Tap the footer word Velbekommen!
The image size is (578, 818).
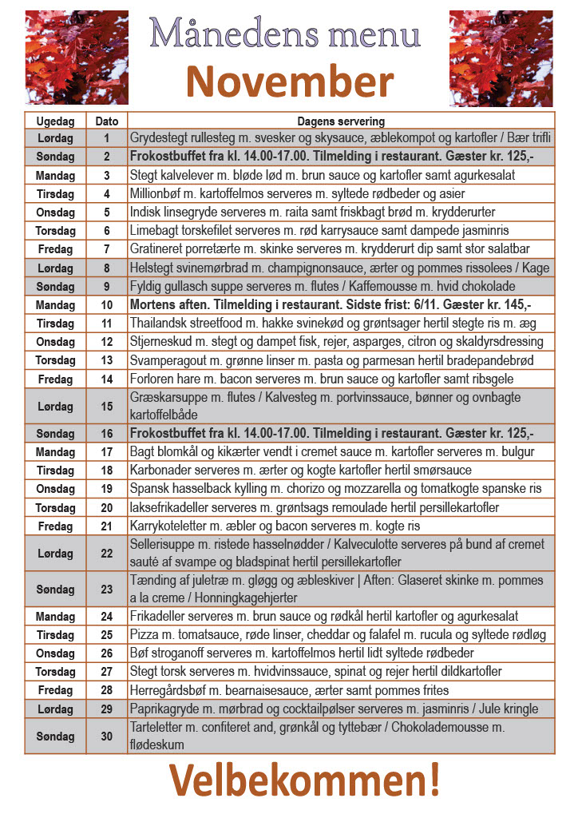point(304,780)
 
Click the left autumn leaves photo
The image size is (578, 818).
point(77,58)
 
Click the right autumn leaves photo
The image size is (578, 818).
point(501,58)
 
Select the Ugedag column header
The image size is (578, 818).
point(56,121)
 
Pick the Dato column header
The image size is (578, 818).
point(107,121)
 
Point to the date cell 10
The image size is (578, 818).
point(107,305)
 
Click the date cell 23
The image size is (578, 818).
point(107,590)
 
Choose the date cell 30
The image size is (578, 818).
point(107,737)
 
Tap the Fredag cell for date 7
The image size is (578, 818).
point(56,249)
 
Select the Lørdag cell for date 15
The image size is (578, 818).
point(56,407)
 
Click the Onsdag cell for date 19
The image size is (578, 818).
point(56,489)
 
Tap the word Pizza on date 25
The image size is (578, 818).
point(144,635)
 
